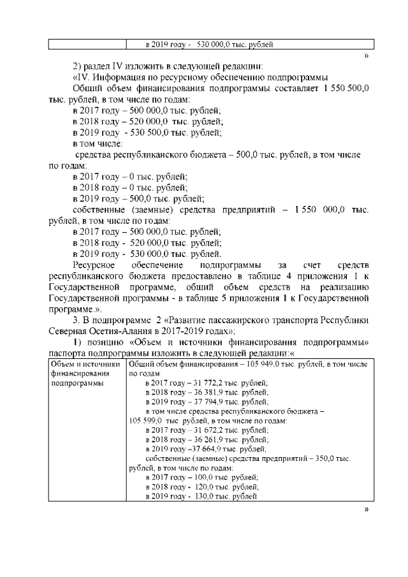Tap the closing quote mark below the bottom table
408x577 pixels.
coord(366,509)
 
